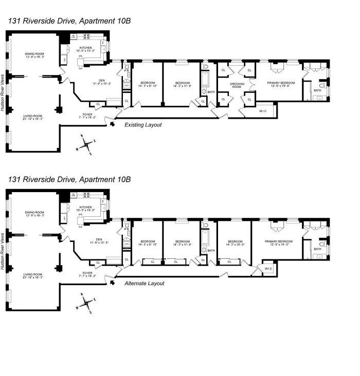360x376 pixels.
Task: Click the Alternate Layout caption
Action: [x=146, y=284]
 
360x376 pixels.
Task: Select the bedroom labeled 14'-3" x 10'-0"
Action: [x=235, y=243]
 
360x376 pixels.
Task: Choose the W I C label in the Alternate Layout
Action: [x=268, y=269]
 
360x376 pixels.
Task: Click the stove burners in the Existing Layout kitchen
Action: [x=86, y=36]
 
